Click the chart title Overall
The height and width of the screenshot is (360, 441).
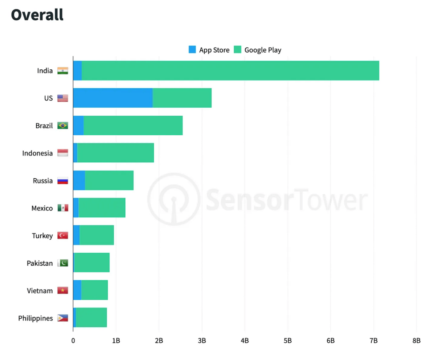(x=37, y=15)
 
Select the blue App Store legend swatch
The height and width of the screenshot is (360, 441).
(x=192, y=50)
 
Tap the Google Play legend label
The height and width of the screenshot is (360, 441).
(x=263, y=50)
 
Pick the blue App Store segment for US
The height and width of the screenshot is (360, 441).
(x=113, y=98)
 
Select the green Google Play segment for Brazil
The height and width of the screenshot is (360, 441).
(x=133, y=126)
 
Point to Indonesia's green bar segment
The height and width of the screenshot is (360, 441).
(x=115, y=153)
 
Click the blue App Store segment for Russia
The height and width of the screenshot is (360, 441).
(x=79, y=181)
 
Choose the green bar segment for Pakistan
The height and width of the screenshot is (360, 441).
(x=92, y=263)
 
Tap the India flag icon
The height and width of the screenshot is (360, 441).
(x=62, y=71)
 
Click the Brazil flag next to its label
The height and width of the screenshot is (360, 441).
(x=62, y=126)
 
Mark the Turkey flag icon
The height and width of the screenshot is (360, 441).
(x=62, y=236)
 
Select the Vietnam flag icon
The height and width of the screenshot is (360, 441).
(x=62, y=291)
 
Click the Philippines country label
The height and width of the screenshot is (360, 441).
(x=35, y=318)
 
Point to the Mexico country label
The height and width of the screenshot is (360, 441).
(x=42, y=208)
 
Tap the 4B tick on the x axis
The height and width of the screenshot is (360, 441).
(x=245, y=340)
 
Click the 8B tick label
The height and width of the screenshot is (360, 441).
(x=416, y=340)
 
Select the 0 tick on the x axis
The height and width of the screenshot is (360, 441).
(x=73, y=340)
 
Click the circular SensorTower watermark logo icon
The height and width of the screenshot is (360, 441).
(x=174, y=199)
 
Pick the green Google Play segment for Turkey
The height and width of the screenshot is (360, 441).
(x=96, y=236)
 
